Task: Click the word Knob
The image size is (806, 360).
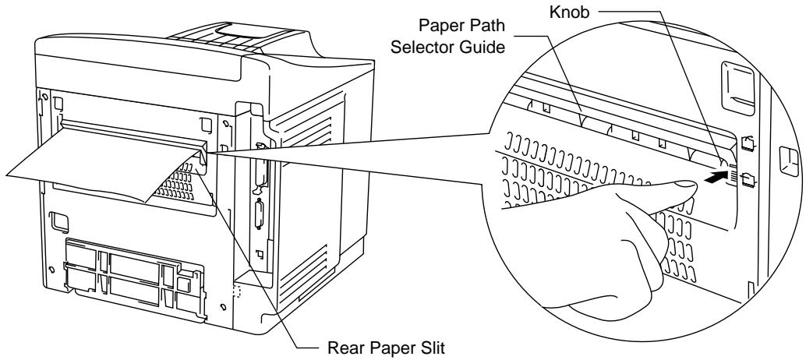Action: click(x=570, y=12)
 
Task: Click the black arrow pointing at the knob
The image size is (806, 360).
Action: click(x=716, y=178)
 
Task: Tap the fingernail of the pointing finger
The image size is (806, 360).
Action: click(x=685, y=184)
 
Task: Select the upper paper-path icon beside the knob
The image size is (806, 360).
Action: click(x=748, y=143)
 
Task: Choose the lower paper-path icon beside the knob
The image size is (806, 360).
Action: click(x=748, y=179)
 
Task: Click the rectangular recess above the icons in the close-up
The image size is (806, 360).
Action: click(x=738, y=87)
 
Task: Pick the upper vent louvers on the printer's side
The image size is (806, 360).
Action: click(x=306, y=123)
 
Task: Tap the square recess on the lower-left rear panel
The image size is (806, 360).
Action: click(x=58, y=221)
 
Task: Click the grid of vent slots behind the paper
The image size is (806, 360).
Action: click(x=178, y=183)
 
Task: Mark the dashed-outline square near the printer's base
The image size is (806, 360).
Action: click(x=236, y=291)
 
